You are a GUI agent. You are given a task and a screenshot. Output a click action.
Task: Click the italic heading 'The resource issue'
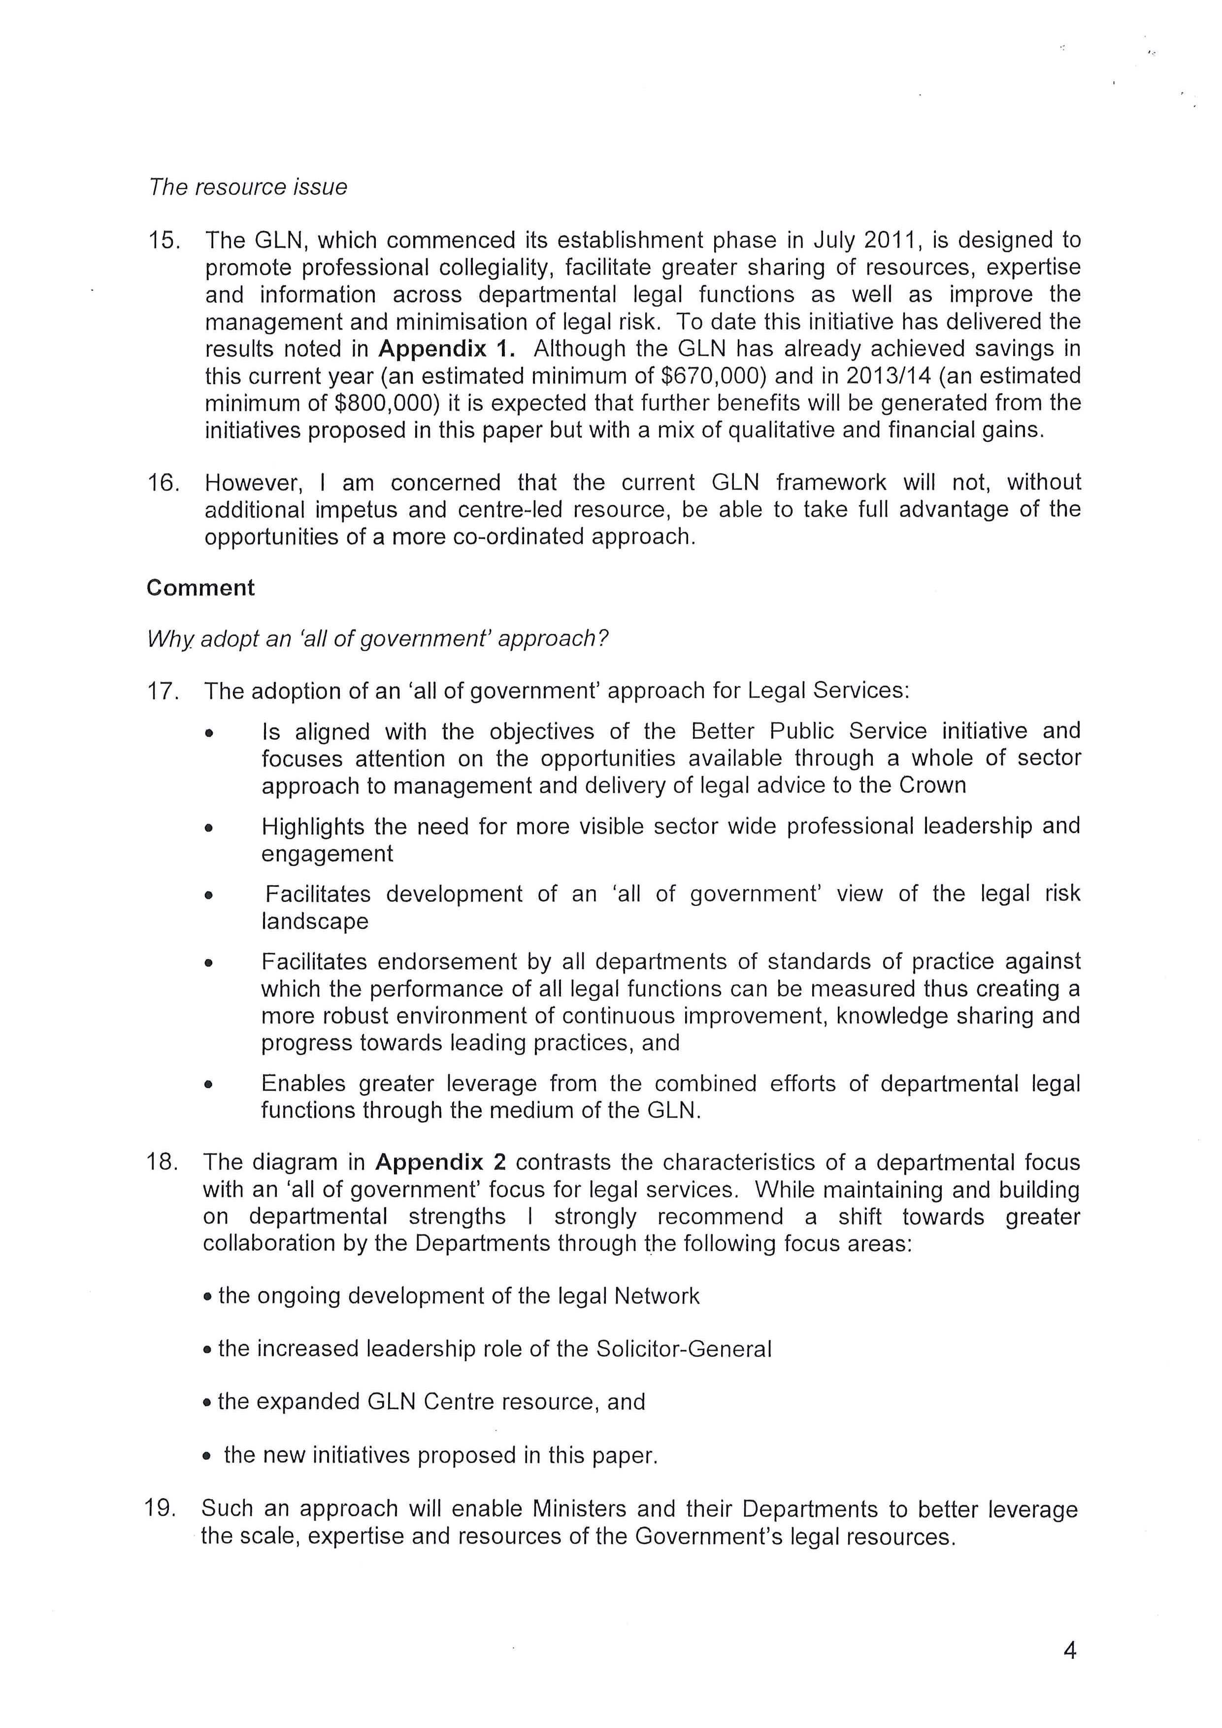pos(248,187)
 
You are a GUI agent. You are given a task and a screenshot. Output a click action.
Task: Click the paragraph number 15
pos(164,241)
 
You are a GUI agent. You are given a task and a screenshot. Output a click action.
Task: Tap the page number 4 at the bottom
pos(1070,1651)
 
